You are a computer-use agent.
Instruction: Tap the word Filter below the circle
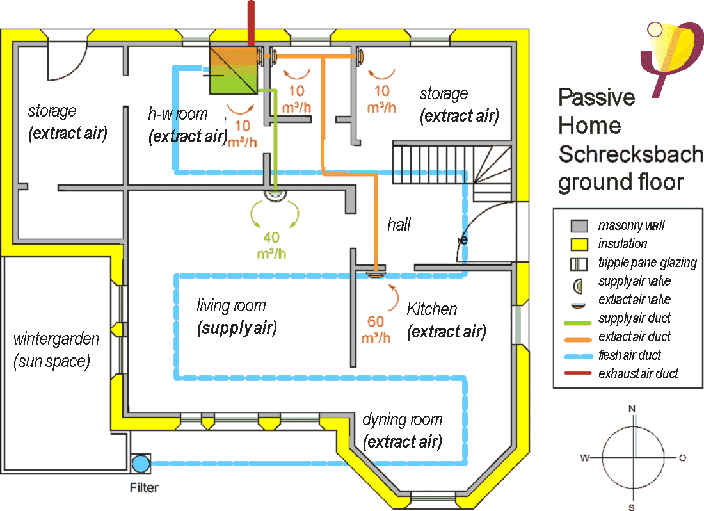click(x=143, y=488)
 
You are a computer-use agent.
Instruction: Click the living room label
click(x=231, y=305)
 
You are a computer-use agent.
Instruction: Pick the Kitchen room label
click(x=432, y=309)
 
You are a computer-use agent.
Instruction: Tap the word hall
click(x=399, y=224)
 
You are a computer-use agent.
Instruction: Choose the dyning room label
click(x=403, y=421)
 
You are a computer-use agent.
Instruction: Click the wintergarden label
click(x=56, y=338)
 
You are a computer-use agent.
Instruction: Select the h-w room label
click(x=177, y=114)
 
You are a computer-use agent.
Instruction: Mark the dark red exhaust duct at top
click(x=250, y=22)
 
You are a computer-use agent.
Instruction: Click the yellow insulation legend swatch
click(x=579, y=244)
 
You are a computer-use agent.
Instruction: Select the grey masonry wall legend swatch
click(x=579, y=225)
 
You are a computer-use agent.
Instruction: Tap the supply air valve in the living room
click(x=276, y=194)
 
